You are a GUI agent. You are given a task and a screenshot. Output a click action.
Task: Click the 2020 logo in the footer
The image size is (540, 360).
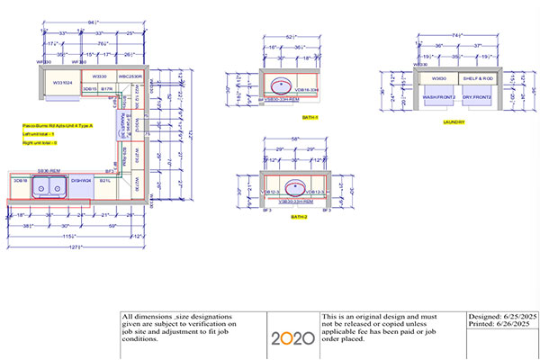292,337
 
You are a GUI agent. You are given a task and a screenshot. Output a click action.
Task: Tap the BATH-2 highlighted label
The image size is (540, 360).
298,217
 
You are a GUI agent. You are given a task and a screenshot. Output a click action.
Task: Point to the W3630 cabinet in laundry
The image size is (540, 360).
440,78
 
